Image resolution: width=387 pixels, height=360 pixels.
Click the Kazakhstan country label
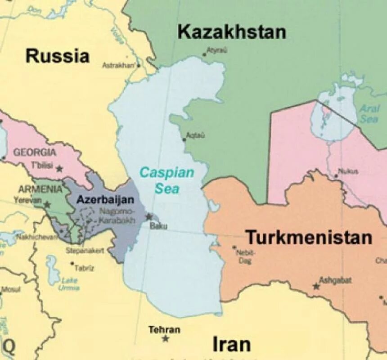click(232, 32)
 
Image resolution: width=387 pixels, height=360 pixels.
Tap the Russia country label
click(57, 56)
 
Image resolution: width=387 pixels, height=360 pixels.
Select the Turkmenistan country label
click(309, 237)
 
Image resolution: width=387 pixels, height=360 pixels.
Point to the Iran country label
click(231, 344)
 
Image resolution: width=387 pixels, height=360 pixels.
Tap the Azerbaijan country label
click(105, 199)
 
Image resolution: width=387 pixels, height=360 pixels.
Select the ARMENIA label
click(40, 189)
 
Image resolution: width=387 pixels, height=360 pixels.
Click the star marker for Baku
click(149, 217)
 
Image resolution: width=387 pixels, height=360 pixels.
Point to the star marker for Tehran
click(166, 338)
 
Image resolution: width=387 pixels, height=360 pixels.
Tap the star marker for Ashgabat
click(316, 286)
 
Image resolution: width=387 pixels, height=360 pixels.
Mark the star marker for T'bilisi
click(59, 168)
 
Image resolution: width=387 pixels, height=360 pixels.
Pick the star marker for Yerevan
click(47, 205)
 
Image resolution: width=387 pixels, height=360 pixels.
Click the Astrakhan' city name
click(118, 65)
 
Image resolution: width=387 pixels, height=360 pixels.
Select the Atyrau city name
click(216, 50)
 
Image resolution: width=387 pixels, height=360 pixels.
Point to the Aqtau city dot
click(184, 139)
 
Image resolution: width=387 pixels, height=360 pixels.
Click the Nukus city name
click(346, 171)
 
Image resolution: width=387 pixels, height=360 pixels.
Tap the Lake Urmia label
click(69, 284)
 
